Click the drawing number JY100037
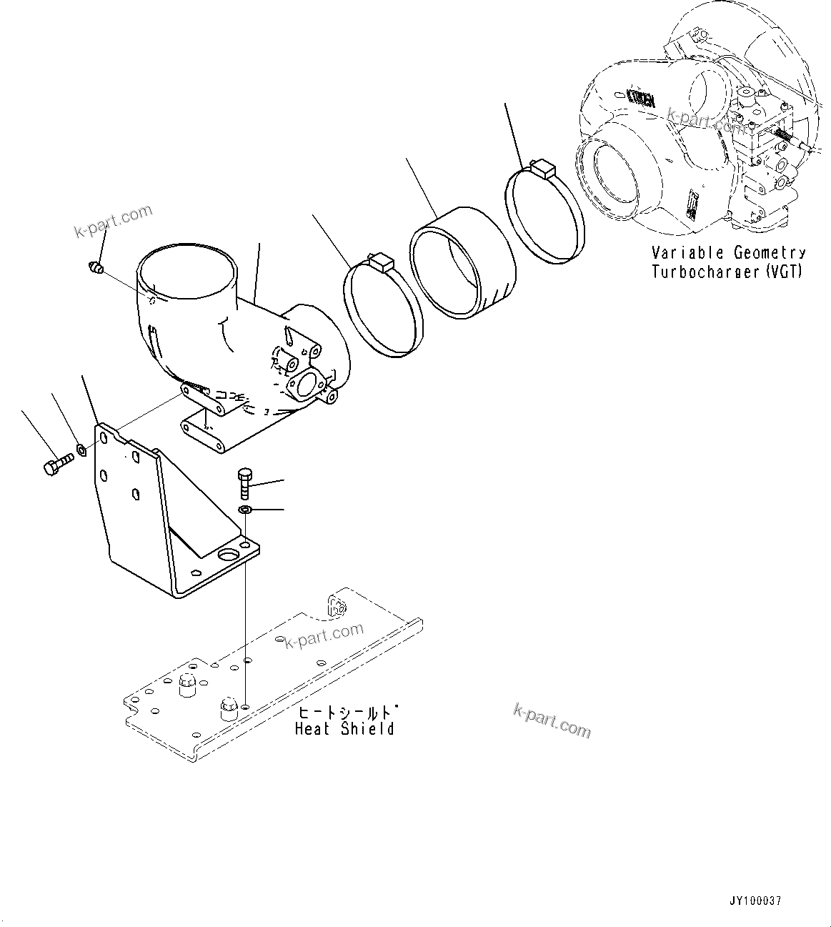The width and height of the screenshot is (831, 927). (755, 901)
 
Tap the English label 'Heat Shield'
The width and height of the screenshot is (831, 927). (344, 729)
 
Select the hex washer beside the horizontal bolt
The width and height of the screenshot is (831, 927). (82, 450)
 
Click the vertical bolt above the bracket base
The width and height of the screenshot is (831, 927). (244, 484)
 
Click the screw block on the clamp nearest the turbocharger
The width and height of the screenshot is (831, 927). (544, 169)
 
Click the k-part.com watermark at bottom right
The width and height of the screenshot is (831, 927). (552, 719)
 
